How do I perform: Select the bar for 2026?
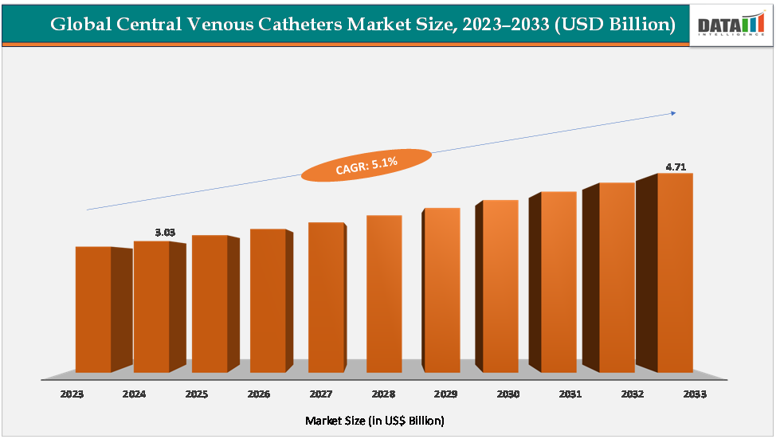268,300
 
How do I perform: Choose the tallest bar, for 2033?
675,272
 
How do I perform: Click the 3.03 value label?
165,233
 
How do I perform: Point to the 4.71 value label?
676,167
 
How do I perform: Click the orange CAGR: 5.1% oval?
366,165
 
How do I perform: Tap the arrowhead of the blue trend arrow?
673,113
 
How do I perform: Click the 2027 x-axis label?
320,394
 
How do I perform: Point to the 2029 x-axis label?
445,394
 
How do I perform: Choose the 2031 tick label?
570,394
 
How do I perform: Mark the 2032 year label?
633,394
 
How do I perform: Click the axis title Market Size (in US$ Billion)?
375,420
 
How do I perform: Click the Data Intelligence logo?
731,25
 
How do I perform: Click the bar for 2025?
210,304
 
